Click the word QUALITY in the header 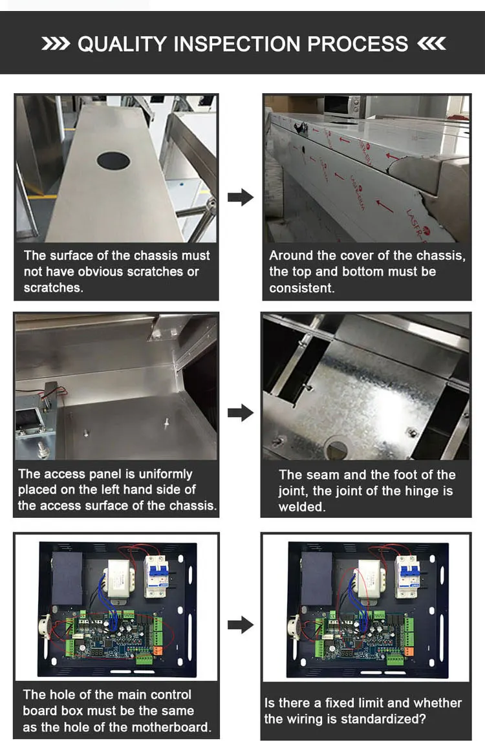[x=122, y=44]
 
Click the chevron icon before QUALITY [x=56, y=44]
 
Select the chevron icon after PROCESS [x=431, y=44]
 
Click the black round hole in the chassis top [x=113, y=160]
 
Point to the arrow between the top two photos [x=240, y=197]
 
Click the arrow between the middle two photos [x=240, y=413]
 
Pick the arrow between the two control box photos [x=240, y=625]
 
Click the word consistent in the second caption [x=301, y=288]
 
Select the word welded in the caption [x=301, y=506]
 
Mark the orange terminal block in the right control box [x=409, y=651]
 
